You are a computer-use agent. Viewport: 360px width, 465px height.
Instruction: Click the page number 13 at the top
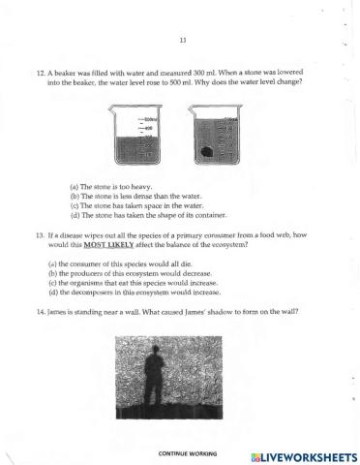pyautogui.click(x=182, y=40)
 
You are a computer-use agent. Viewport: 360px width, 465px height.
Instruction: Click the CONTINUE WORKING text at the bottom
pyautogui.click(x=189, y=453)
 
